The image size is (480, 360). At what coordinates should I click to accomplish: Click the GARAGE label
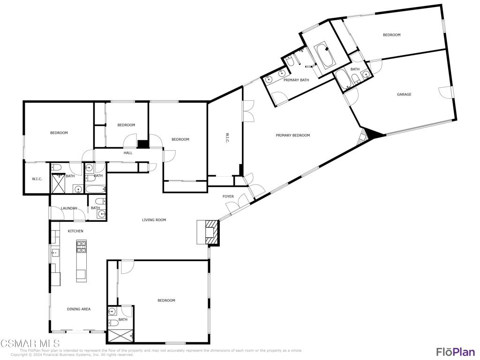(404, 94)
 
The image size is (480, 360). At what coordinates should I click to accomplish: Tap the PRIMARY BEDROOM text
(292, 135)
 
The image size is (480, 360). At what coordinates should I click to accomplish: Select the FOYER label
(228, 196)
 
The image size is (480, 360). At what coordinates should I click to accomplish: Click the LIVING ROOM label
(154, 220)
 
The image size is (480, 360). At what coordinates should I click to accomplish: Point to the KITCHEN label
(75, 231)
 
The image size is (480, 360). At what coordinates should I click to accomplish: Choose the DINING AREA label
(79, 309)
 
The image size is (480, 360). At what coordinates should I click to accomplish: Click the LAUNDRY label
(68, 208)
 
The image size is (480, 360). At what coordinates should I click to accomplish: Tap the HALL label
(128, 153)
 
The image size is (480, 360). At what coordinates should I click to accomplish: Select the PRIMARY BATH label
(296, 80)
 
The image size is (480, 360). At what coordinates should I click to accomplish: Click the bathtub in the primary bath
(324, 54)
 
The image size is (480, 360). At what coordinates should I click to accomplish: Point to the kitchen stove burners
(82, 247)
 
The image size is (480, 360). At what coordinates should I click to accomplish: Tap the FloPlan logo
(455, 352)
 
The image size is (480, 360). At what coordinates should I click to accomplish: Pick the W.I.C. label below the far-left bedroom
(37, 179)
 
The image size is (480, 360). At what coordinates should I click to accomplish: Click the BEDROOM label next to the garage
(391, 35)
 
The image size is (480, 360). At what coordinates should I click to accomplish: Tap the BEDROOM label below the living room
(166, 300)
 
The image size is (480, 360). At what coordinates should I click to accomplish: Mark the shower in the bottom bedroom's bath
(120, 336)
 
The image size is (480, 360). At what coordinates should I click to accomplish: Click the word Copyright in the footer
(20, 355)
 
